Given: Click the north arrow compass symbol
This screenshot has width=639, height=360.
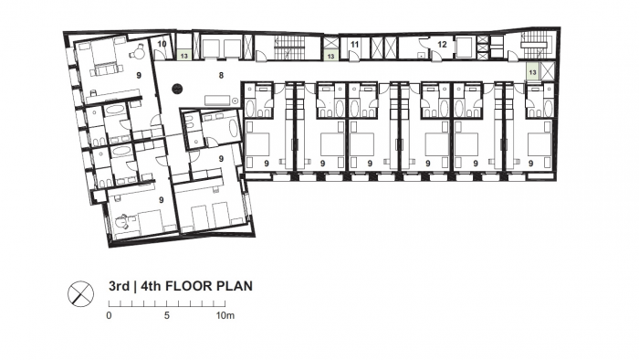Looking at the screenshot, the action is tap(80, 293).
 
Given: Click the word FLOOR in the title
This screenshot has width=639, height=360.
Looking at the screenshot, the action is tap(189, 286).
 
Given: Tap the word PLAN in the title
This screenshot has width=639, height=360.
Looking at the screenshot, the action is tap(235, 286).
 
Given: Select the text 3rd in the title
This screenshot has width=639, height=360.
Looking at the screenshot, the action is tap(119, 286).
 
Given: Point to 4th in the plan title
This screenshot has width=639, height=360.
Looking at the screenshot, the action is tap(151, 286).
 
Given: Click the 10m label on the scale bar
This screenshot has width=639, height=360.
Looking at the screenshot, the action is tap(225, 315).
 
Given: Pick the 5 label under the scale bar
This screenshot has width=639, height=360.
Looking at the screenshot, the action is tap(167, 315).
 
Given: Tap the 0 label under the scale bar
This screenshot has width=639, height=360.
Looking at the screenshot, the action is tap(109, 315).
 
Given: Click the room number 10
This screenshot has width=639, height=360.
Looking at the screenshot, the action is tap(162, 44).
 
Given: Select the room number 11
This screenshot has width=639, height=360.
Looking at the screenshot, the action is tap(354, 44).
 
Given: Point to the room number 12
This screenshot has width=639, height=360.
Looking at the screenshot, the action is tap(442, 44).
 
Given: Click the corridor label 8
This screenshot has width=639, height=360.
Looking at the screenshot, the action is tap(221, 75).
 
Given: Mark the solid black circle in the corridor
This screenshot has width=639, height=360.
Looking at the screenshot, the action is tap(177, 88).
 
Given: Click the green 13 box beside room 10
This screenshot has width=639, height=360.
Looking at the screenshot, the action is tap(184, 55).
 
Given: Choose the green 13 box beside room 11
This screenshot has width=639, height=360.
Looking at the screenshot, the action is tap(330, 55).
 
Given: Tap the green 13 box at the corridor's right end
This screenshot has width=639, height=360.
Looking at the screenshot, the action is tap(532, 72).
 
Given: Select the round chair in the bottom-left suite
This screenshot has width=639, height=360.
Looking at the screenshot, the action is tap(122, 222).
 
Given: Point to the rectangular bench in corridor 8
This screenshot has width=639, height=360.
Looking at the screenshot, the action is tap(217, 101).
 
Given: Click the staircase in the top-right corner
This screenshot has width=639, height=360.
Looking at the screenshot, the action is tap(536, 44).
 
